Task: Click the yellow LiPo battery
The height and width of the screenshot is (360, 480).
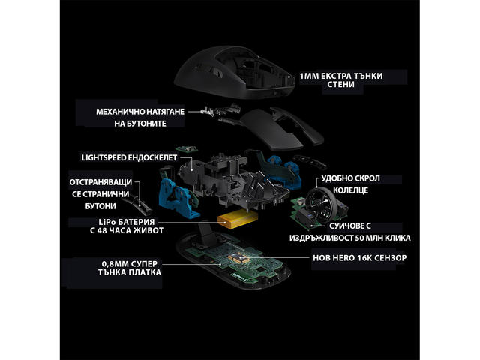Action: [238, 220]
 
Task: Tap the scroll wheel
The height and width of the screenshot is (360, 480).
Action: [321, 203]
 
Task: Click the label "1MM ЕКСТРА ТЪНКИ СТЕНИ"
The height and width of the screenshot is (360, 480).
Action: [341, 80]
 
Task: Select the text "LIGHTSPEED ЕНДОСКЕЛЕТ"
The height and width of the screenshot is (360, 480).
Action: [129, 157]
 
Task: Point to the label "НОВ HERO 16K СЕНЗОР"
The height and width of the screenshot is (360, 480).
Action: [360, 258]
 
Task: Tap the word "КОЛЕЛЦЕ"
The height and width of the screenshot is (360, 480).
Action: [350, 190]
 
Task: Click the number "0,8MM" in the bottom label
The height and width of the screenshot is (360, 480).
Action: [115, 264]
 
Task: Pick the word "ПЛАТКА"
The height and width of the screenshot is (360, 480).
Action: [145, 272]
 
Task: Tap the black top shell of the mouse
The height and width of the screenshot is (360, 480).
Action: [235, 72]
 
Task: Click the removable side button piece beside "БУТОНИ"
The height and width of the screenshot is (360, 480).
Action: [138, 205]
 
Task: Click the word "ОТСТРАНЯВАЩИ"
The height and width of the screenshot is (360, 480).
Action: [100, 182]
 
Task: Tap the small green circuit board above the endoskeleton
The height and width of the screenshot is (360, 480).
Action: [187, 149]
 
